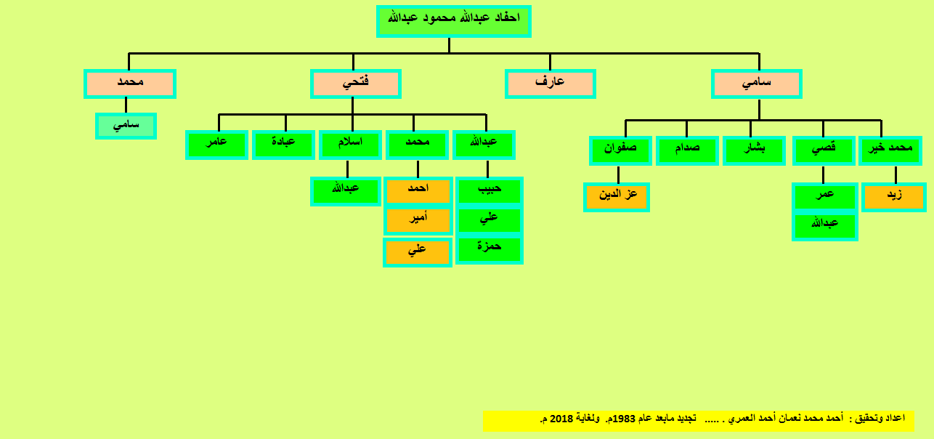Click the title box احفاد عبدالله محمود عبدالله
(454, 21)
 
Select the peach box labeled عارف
(550, 84)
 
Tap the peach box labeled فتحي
(356, 84)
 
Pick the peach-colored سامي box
(756, 84)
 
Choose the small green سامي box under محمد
(126, 126)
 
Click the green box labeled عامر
(217, 145)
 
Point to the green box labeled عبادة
(283, 145)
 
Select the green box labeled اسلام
(350, 145)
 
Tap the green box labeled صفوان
(620, 150)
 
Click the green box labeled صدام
(687, 150)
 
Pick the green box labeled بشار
(755, 150)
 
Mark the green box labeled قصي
(824, 150)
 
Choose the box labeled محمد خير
(890, 150)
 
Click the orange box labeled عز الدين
(617, 198)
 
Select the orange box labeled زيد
(894, 198)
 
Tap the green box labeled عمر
(825, 197)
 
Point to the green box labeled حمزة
(490, 249)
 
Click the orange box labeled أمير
(418, 220)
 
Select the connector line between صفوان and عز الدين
(618, 174)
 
